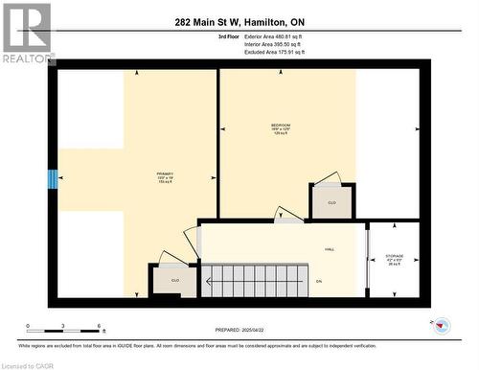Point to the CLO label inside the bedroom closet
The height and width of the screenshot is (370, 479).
pos(331,203)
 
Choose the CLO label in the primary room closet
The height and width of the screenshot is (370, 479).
pos(174,280)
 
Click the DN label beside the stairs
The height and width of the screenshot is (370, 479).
pos(319,281)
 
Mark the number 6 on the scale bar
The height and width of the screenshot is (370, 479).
pos(101,327)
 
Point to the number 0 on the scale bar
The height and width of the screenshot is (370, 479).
pos(28,327)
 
